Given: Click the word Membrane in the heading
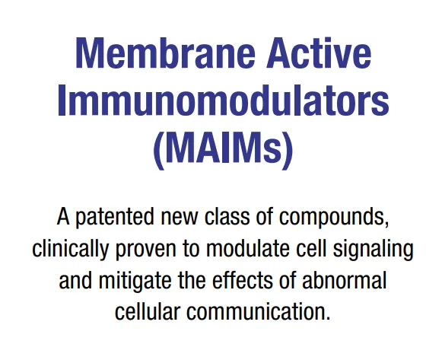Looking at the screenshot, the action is coord(166,53).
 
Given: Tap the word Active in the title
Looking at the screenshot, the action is coord(319,53).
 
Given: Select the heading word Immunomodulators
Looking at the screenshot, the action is coord(223,99).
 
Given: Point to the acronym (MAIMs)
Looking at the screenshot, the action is coord(223,150).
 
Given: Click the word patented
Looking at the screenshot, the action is coord(116,218).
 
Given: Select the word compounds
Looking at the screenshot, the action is coord(332,218).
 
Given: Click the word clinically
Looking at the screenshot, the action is coord(71,250).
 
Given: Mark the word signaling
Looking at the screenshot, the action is coord(373,250).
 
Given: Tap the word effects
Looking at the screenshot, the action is coord(242,281).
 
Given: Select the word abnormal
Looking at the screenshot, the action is coord(344,281).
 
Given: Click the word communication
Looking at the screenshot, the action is coord(255,311).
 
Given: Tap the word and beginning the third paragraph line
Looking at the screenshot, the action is coord(75,281).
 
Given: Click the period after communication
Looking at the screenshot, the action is coord(327,319).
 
